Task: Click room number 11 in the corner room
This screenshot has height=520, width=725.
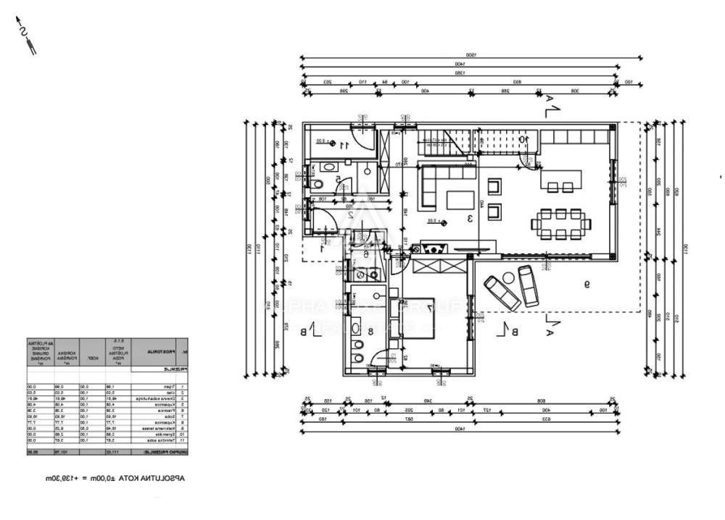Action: coord(345,145)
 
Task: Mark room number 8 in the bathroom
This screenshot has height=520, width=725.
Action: coord(370,332)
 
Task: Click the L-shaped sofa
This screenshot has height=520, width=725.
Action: coord(442,181)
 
